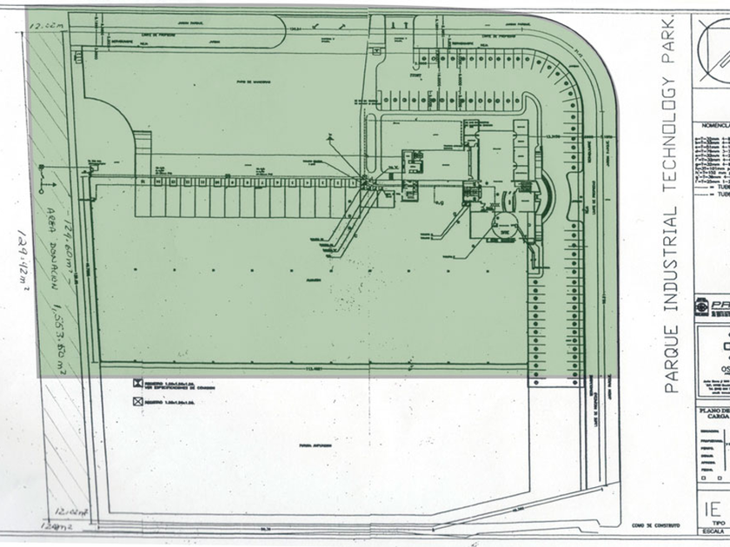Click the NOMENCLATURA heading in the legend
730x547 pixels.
[713, 125]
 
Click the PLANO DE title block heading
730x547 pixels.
[713, 409]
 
